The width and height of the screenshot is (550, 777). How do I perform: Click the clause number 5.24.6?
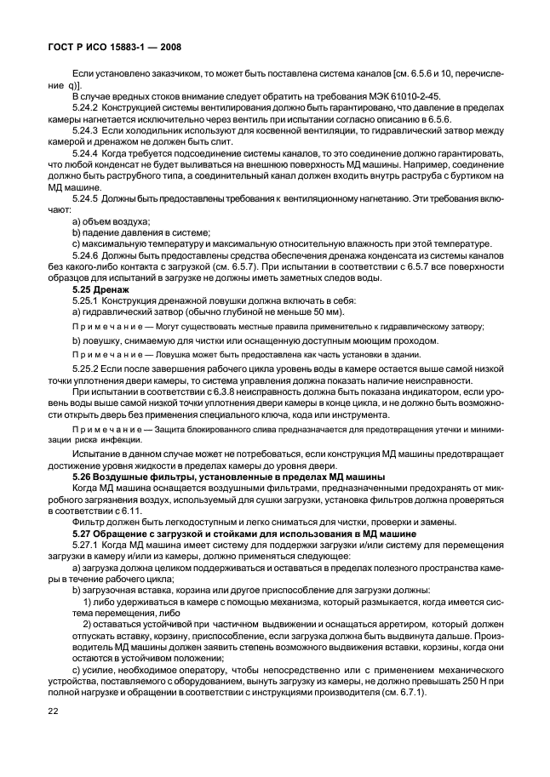click(89, 255)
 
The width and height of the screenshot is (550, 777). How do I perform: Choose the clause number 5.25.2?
click(89, 372)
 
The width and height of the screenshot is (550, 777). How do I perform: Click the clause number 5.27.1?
click(89, 543)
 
